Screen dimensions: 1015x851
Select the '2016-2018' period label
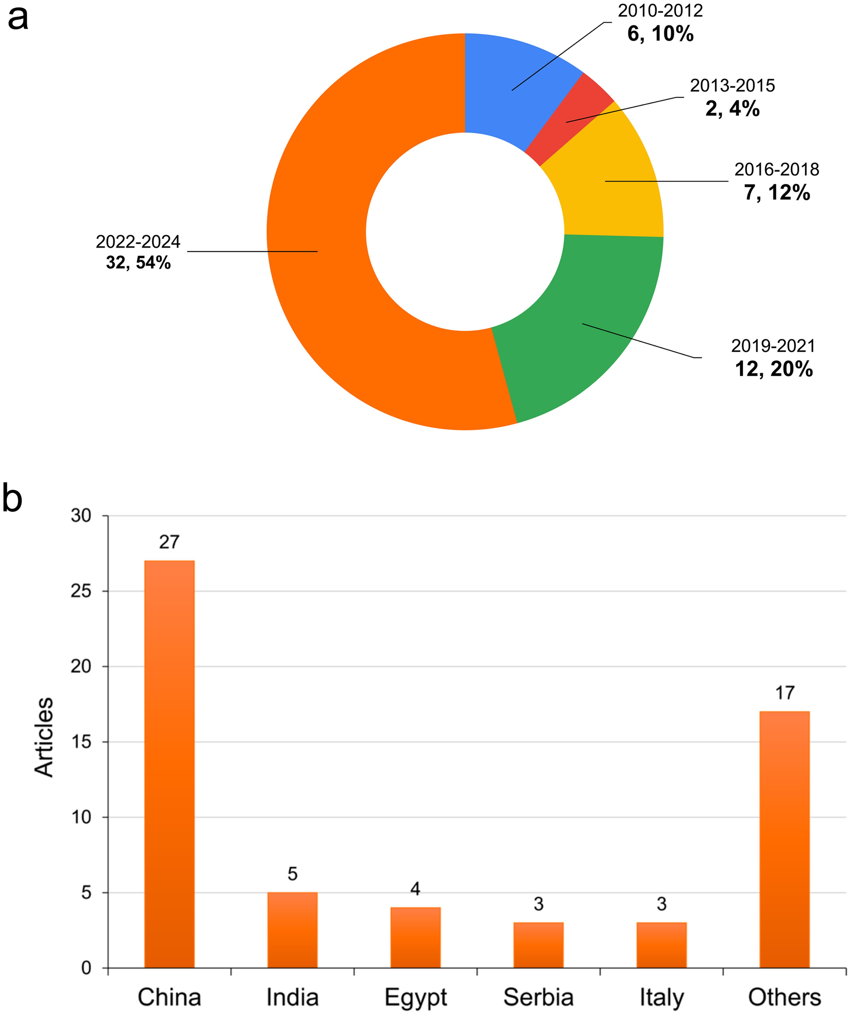click(777, 170)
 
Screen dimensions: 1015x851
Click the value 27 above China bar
click(169, 542)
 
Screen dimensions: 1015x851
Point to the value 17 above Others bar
click(784, 693)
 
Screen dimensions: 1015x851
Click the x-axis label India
click(293, 997)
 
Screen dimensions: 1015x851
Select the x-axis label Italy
click(661, 997)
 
